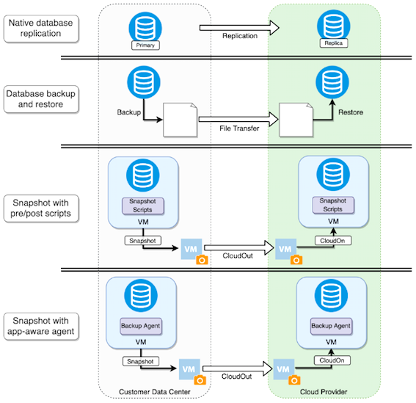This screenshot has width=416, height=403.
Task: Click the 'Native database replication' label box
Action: pos(41,29)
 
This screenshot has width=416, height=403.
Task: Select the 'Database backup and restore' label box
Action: pos(41,99)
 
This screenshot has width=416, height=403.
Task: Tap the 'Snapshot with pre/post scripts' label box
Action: pos(41,208)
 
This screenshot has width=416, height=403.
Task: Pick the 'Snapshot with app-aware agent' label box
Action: pos(41,326)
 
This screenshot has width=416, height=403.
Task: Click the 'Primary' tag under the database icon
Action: pos(145,45)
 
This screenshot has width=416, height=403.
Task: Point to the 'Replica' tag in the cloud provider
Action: pos(334,43)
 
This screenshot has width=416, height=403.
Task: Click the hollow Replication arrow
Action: pos(239,28)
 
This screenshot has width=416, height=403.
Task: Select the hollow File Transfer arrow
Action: pos(238,119)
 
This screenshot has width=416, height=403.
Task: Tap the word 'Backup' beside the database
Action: pos(129,112)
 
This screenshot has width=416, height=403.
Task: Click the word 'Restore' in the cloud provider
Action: pos(351,112)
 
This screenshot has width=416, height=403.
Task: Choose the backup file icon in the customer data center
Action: pos(180,120)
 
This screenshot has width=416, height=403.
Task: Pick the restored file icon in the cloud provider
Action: pos(296,120)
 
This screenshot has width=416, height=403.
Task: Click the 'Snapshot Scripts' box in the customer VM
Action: pos(143,206)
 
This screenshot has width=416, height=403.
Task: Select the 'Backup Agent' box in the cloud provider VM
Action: pos(331,326)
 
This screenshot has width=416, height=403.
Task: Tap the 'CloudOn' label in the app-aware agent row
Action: pos(332,360)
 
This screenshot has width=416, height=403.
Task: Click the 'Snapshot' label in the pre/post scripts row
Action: pos(143,241)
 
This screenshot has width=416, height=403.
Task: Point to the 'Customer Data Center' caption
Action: pos(155,392)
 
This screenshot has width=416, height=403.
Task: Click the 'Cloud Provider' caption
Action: pos(324,392)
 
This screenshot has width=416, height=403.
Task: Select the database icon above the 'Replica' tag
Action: pos(334,26)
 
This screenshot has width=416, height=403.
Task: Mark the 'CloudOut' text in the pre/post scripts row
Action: pos(238,255)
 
